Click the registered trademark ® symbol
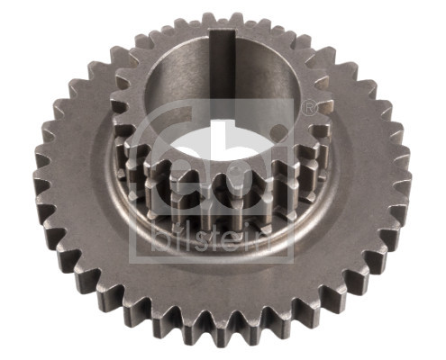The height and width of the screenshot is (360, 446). [308, 108]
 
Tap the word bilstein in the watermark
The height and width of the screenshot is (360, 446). [211, 237]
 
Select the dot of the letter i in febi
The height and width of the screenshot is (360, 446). [278, 130]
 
